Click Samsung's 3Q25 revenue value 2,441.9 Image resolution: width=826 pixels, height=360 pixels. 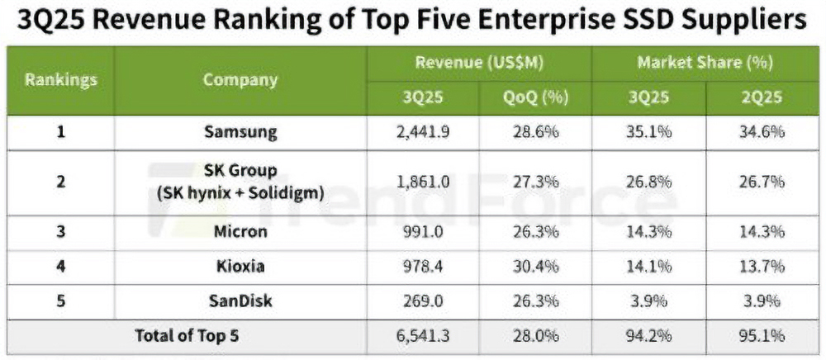coord(423,132)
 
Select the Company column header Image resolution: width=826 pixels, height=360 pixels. coord(240,80)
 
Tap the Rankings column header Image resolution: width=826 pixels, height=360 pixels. coord(61,80)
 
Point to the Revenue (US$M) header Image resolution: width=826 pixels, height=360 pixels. coord(479,63)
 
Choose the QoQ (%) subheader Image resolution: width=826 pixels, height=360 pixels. coord(535,97)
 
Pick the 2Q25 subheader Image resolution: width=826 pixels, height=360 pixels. coord(762,97)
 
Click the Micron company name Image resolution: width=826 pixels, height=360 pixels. coord(240,231)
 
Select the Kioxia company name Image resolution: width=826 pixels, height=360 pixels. coord(240,266)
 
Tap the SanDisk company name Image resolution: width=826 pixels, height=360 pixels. coord(240,301)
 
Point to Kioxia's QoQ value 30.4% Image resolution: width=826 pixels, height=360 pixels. coord(535,266)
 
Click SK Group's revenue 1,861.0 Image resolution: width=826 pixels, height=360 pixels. coord(423,182)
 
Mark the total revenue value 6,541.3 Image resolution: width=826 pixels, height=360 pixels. coord(423,336)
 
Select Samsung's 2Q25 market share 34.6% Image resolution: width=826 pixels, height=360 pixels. coord(762,132)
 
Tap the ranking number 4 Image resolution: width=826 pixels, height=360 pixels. coord(61,266)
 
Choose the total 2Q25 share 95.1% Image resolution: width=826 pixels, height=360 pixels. coord(762,336)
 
